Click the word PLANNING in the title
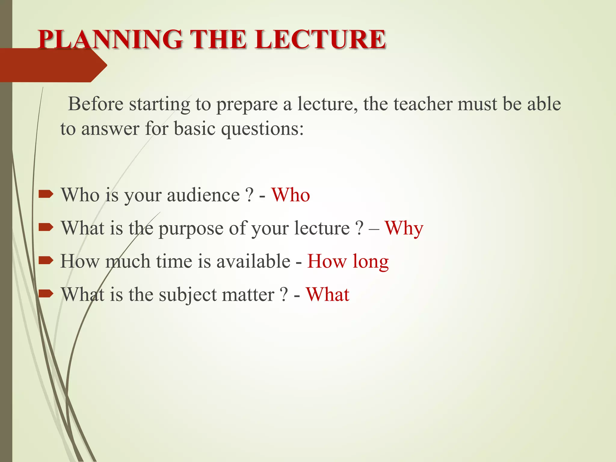pyautogui.click(x=110, y=39)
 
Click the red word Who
pyautogui.click(x=291, y=195)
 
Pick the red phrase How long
pyautogui.click(x=348, y=261)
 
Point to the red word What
pyautogui.click(x=328, y=294)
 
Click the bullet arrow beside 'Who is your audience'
pyautogui.click(x=46, y=194)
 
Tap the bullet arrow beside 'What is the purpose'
pyautogui.click(x=46, y=227)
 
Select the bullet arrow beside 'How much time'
pyautogui.click(x=46, y=260)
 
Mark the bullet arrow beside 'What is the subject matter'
pyautogui.click(x=46, y=294)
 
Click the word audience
pyautogui.click(x=203, y=195)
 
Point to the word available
pyautogui.click(x=253, y=261)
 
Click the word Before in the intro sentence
pyautogui.click(x=96, y=104)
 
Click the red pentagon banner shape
pyautogui.click(x=51, y=65)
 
